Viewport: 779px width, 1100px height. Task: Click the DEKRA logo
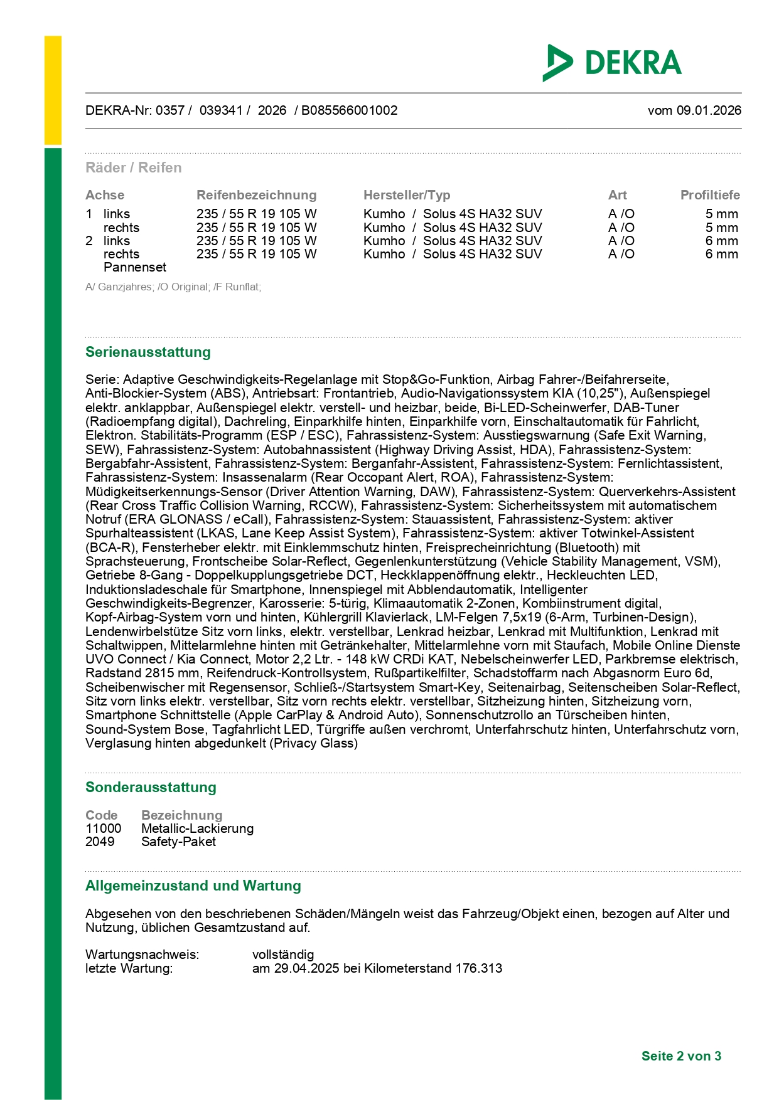point(612,63)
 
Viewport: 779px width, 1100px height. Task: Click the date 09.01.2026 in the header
point(709,110)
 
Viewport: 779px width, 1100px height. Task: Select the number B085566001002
point(349,110)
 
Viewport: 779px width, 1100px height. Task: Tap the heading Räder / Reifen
point(134,167)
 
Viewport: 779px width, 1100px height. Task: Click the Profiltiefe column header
point(710,195)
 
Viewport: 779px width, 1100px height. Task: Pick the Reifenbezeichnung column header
point(256,195)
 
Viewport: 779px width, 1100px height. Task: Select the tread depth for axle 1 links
point(721,214)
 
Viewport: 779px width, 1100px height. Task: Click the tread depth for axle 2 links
point(721,241)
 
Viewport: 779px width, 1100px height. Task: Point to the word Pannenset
point(135,267)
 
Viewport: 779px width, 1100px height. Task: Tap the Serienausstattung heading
point(148,352)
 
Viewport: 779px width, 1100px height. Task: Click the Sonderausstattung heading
point(151,787)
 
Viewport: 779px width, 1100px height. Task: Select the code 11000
point(104,828)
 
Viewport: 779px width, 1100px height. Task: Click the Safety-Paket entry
point(178,842)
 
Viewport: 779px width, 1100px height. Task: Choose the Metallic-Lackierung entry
point(197,828)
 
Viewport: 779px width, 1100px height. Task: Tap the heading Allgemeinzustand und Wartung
point(193,886)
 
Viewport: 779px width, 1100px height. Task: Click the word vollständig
point(283,955)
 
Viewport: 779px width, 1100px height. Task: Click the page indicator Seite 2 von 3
point(681,1056)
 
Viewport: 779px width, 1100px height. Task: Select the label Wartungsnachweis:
point(142,955)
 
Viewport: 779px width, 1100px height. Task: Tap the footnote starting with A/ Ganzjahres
point(173,287)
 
